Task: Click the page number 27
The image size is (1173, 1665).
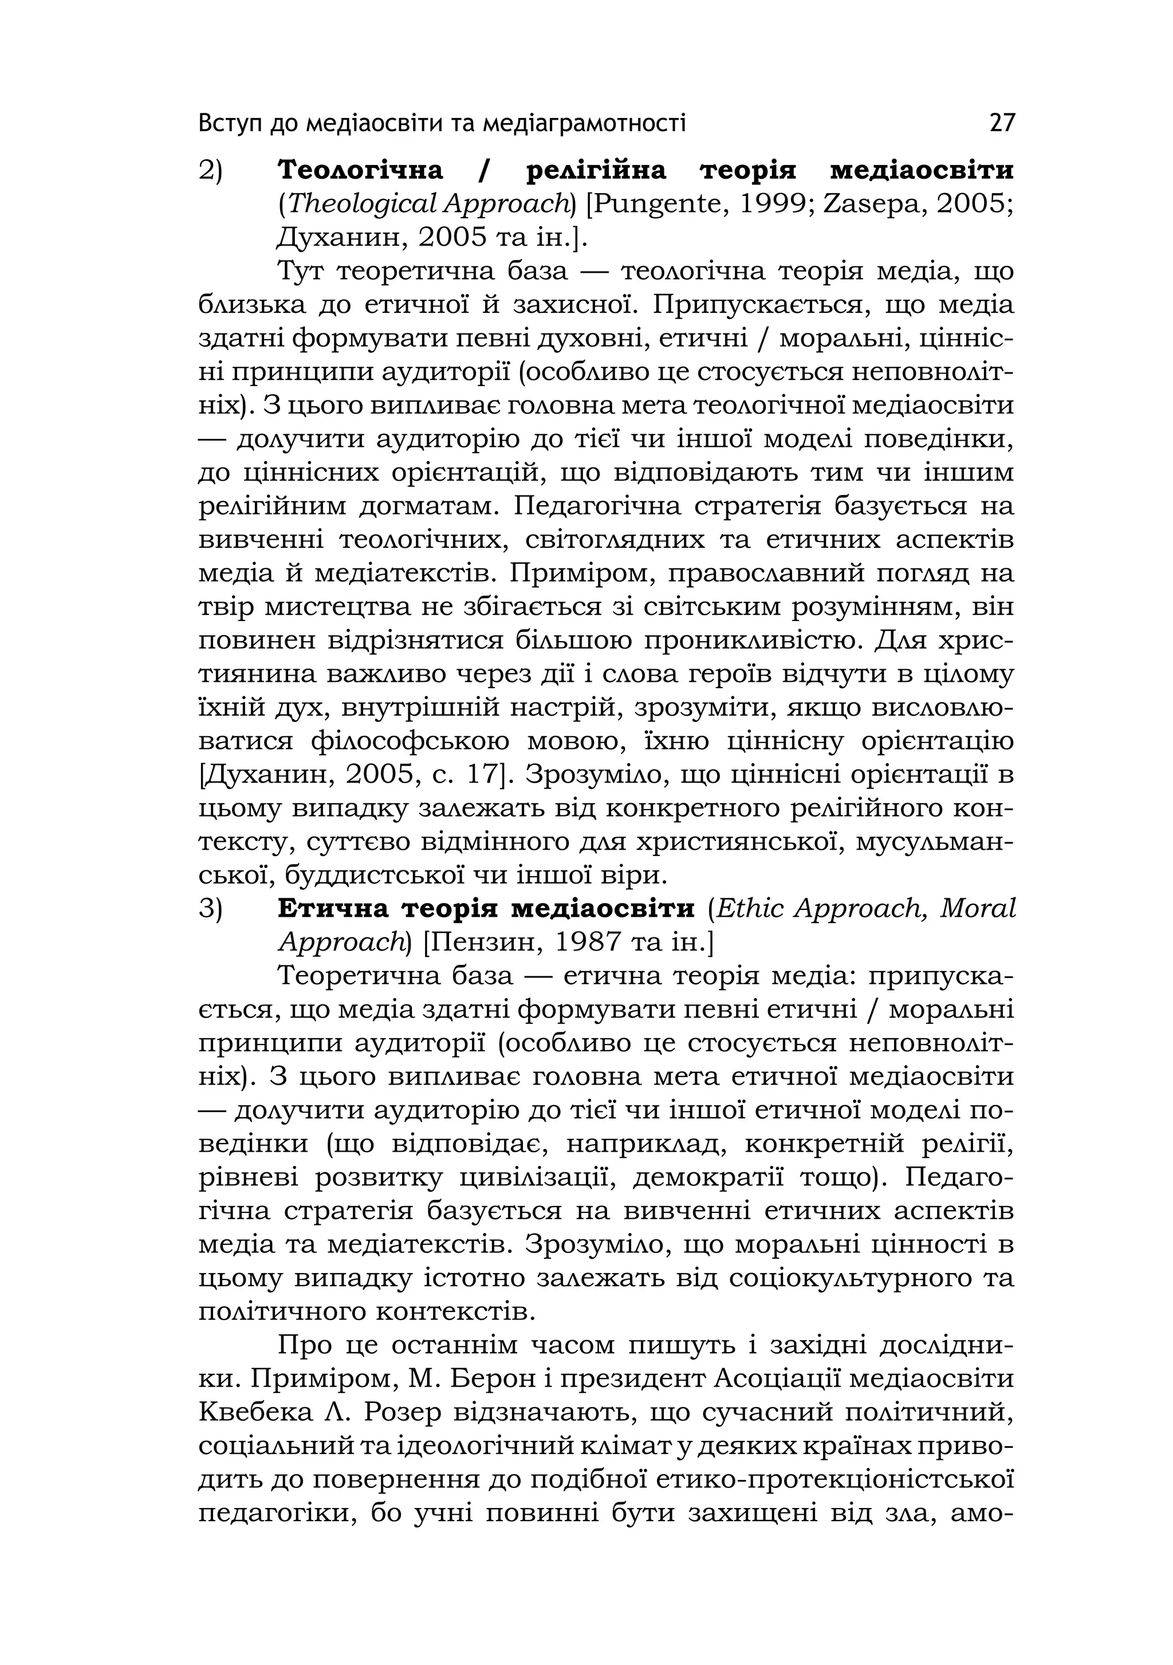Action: coord(1002,123)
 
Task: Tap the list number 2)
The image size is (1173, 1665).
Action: coord(211,171)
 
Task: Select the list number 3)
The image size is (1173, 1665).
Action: coord(211,909)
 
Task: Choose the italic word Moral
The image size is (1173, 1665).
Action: coord(978,908)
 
